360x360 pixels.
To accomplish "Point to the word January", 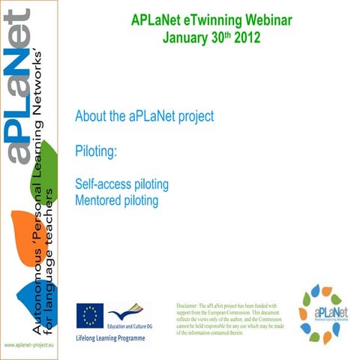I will (x=187, y=36).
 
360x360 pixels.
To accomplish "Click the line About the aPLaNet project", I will (x=145, y=117).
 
